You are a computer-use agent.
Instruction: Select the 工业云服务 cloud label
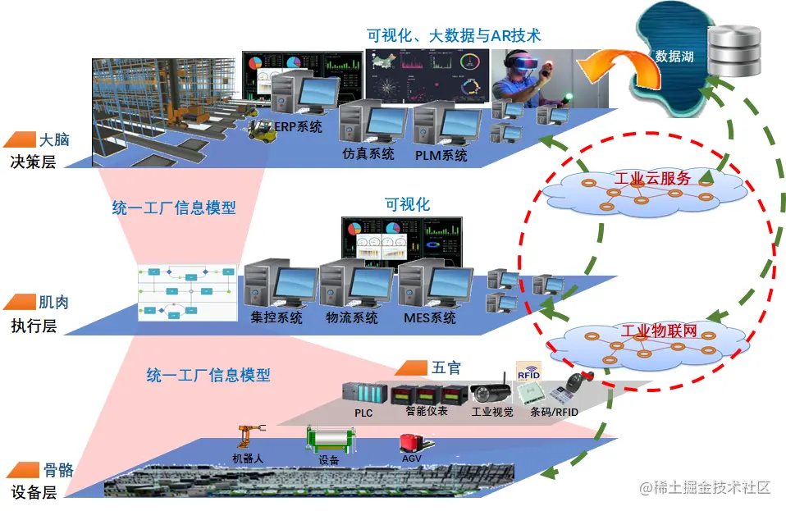[x=652, y=178]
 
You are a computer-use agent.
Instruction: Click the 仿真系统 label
[x=368, y=153]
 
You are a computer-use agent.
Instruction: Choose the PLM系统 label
[x=441, y=154]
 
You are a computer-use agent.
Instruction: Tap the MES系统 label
[x=429, y=317]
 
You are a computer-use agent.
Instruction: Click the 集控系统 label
[x=276, y=317]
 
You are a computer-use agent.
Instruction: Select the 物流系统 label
[x=352, y=317]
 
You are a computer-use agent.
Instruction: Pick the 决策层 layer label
[x=34, y=162]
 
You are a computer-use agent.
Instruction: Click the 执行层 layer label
[x=34, y=326]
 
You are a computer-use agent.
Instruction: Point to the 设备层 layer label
[x=34, y=492]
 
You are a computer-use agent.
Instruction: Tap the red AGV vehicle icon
[x=411, y=444]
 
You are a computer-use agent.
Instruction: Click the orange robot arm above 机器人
[x=248, y=438]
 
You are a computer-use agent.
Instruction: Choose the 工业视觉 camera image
[x=491, y=394]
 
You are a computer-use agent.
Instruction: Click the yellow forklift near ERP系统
[x=263, y=128]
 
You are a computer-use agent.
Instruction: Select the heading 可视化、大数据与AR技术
[x=454, y=35]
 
